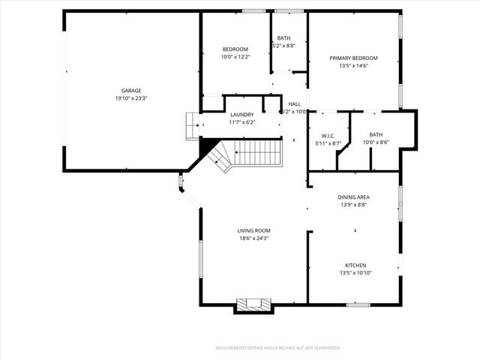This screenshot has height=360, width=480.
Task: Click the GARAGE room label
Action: (x=131, y=91)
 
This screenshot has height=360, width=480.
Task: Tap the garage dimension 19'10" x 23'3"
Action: (x=131, y=99)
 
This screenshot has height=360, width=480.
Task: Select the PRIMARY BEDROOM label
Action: (x=354, y=58)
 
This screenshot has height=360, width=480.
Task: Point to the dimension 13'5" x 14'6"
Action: (x=354, y=66)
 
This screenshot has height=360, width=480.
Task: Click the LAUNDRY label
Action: (x=242, y=115)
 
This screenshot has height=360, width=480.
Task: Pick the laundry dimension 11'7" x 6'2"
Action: (x=242, y=122)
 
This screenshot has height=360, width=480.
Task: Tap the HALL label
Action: (x=294, y=104)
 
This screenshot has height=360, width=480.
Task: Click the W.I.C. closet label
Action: (x=328, y=135)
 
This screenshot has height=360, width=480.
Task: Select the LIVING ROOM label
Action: (x=254, y=230)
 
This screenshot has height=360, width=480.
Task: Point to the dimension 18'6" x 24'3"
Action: (x=254, y=238)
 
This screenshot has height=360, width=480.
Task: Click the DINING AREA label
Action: (x=354, y=197)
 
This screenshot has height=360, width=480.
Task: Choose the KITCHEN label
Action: (x=355, y=265)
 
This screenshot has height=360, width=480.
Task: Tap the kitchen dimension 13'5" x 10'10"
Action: (x=355, y=274)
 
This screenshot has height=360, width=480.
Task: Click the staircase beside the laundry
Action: (x=255, y=152)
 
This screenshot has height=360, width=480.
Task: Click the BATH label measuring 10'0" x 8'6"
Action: (x=375, y=135)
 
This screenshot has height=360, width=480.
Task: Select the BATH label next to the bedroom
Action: (x=283, y=37)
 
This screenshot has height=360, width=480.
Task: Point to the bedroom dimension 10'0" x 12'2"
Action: (x=235, y=57)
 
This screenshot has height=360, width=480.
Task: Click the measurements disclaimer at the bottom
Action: (x=277, y=348)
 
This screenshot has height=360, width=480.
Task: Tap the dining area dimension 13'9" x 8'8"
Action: (x=354, y=205)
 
